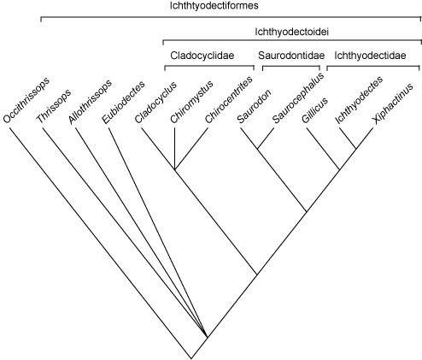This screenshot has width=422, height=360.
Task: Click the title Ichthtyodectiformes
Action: pos(214,6)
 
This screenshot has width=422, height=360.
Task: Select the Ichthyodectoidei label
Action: pos(292,32)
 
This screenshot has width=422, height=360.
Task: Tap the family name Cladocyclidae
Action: pos(202,56)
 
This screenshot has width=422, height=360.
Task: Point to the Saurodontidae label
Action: pos(291,56)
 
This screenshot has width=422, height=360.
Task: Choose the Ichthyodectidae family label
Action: pos(370,56)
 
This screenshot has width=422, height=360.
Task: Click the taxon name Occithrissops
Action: pos(26,100)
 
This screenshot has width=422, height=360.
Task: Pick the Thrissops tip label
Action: pos(54,106)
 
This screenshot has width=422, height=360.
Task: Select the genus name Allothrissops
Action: pos(90,102)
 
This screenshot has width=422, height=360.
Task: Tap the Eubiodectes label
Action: pos(123,103)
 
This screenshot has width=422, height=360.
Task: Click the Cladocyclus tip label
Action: pos(155,103)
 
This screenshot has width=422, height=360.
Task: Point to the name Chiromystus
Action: pos(191,102)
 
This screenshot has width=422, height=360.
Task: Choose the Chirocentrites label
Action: pos(229,100)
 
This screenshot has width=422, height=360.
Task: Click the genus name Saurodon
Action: pos(254,107)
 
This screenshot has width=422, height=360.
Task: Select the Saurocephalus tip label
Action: pos(298,98)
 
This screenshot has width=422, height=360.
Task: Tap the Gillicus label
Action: pos(314,110)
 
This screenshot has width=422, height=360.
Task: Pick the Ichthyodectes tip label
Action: pos(359,100)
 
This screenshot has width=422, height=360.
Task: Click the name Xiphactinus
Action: pos(393,104)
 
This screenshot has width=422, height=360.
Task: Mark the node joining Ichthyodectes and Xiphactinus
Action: pos(355,149)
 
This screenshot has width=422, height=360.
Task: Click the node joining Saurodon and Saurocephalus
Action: pos(257,149)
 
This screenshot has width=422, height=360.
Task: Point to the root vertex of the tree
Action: pos(191,358)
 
